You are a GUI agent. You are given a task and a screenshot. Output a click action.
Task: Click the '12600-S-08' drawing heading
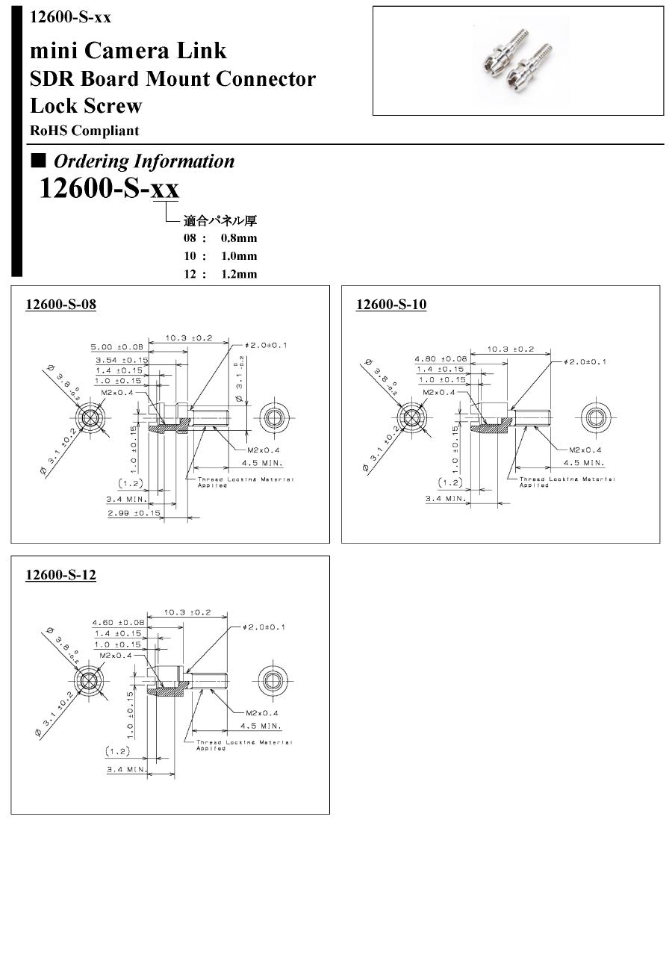[60, 305]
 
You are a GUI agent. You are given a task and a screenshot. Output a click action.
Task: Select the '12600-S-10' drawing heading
[391, 305]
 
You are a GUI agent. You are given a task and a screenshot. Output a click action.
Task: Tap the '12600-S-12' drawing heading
[60, 575]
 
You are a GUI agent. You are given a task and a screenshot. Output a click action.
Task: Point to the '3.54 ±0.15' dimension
[121, 360]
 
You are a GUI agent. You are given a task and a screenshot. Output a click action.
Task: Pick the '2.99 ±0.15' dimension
[134, 513]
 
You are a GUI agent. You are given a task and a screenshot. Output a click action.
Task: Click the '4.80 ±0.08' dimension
[441, 358]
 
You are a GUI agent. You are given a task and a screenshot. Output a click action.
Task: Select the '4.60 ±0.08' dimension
[118, 622]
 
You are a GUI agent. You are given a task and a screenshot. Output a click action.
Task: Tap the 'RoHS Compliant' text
[84, 131]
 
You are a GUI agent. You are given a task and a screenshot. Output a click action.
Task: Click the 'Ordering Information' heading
[143, 161]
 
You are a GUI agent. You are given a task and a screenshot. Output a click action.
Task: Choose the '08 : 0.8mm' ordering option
[220, 238]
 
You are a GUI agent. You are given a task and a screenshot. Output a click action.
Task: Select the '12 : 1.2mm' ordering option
[220, 274]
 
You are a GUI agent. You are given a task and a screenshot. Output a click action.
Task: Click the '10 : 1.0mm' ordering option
[220, 256]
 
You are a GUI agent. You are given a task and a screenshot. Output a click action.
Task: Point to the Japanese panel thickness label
[220, 220]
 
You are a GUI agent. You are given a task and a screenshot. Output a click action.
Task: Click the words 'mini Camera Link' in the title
[128, 51]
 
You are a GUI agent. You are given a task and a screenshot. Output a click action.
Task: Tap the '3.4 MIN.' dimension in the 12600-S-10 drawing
[446, 498]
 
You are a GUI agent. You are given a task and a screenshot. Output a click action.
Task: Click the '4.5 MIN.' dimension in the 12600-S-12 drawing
[260, 725]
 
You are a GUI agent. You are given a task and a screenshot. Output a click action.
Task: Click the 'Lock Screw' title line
[86, 105]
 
